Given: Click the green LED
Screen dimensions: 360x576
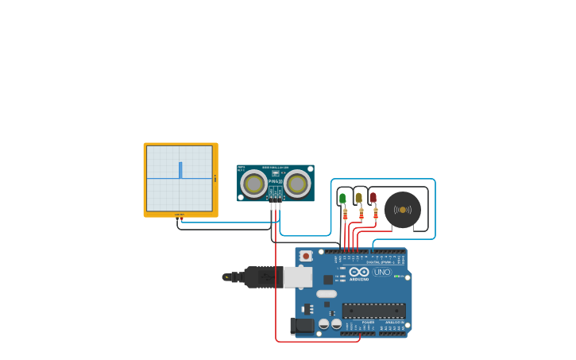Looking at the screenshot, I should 342,198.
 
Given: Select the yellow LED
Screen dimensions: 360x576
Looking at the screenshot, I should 358,198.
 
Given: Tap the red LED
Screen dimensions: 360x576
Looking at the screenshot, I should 373,197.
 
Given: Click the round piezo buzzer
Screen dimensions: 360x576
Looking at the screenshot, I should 403,210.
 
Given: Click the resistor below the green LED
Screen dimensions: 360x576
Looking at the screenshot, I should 345,214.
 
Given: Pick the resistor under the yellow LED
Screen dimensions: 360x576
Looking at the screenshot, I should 361,214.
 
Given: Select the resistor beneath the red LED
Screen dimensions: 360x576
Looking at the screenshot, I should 376,213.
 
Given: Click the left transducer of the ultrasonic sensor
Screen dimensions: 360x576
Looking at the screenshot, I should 254,184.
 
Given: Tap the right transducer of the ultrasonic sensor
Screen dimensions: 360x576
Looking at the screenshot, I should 297,184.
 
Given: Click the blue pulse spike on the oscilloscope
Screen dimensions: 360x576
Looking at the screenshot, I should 180,170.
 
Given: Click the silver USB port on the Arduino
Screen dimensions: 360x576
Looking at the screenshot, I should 298,277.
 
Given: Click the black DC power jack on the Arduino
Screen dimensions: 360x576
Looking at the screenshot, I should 301,325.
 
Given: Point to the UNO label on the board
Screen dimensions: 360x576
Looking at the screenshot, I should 382,272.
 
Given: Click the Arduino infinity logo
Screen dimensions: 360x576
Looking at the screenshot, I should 359,272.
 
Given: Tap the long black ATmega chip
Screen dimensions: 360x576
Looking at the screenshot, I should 373,311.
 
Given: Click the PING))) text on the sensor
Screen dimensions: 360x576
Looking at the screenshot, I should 275,182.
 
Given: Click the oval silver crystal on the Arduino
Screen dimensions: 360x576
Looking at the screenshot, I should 327,294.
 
